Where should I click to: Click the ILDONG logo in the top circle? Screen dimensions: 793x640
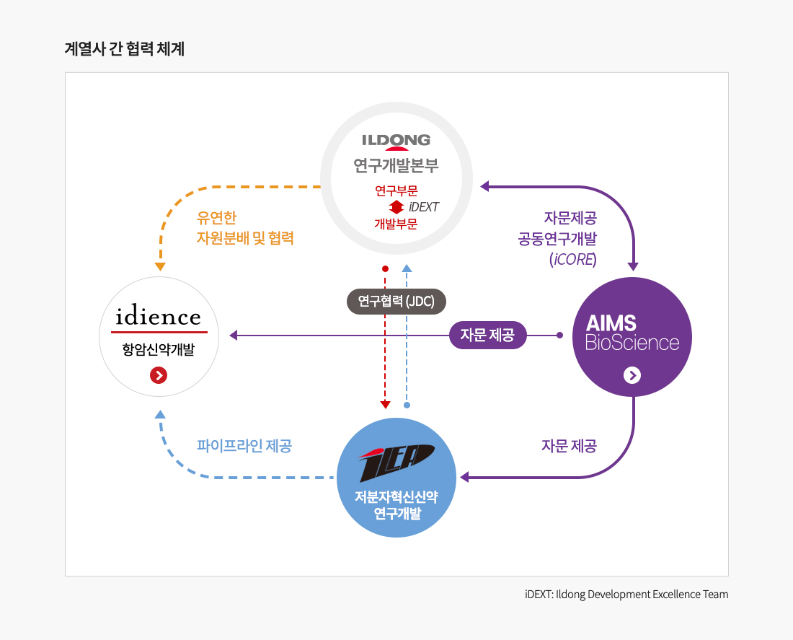[x=396, y=141]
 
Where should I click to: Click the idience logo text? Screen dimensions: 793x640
[x=159, y=316]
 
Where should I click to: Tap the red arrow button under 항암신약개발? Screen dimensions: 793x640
[x=159, y=375]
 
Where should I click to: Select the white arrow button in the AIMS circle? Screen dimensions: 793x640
[x=632, y=375]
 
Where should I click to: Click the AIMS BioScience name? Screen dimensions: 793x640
[x=632, y=333]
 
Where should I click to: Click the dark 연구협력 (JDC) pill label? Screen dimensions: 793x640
[x=396, y=302]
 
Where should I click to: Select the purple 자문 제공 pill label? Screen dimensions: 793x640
[x=487, y=336]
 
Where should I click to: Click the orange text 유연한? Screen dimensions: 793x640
[x=216, y=218]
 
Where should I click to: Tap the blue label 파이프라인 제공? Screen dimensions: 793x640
[x=244, y=446]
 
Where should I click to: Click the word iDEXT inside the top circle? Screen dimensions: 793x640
[x=424, y=207]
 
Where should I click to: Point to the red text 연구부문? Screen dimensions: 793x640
[x=396, y=191]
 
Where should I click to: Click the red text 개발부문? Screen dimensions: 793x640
[x=396, y=224]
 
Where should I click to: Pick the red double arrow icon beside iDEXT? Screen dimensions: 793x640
[x=396, y=207]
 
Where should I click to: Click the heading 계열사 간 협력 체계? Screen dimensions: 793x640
[x=125, y=49]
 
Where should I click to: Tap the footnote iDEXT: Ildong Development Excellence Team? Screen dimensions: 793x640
[x=626, y=595]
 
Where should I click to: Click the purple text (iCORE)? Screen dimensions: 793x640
[x=573, y=259]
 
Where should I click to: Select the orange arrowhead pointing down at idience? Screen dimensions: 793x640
[x=160, y=267]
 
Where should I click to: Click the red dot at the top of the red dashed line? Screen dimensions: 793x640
[x=386, y=268]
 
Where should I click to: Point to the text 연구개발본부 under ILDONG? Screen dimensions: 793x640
[x=396, y=165]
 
